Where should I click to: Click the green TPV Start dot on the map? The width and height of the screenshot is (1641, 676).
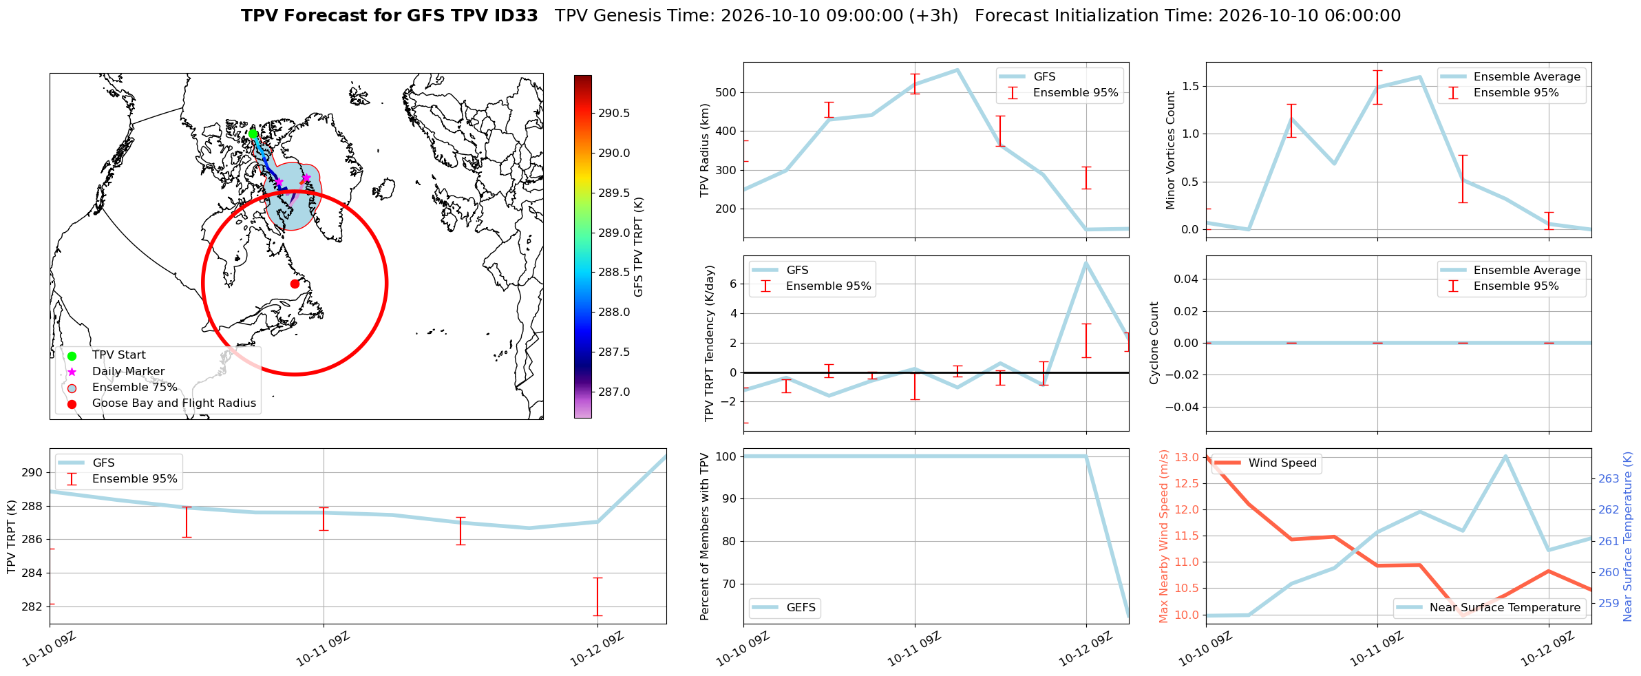point(253,134)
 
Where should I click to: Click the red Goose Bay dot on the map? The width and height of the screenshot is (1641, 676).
point(295,284)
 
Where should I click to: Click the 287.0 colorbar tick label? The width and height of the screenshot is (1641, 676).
point(614,392)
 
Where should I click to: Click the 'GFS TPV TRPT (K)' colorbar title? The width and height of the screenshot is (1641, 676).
point(639,247)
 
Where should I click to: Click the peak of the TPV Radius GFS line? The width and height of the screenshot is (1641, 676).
point(957,70)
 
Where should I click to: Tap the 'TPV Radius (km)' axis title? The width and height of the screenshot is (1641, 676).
point(705,150)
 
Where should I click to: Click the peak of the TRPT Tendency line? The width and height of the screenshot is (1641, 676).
point(1086,262)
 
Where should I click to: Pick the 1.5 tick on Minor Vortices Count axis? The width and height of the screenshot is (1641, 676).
point(1190,86)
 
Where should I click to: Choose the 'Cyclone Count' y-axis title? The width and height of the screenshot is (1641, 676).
point(1154,343)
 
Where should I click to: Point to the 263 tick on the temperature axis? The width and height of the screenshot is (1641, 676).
point(1609,478)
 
